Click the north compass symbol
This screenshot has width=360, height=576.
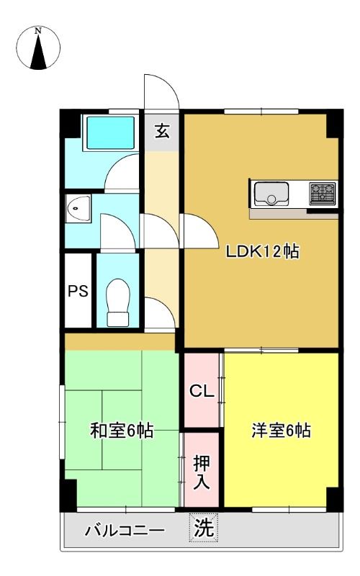[x=38, y=48]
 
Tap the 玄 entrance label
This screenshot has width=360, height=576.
[x=162, y=131]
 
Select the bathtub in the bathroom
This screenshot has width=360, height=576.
[x=111, y=132]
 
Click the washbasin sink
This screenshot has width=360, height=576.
[x=78, y=209]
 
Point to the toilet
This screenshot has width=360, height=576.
[x=118, y=302]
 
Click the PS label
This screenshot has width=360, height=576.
[x=78, y=292]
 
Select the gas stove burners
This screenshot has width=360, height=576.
[x=323, y=194]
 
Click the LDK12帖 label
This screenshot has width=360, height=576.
[x=262, y=251]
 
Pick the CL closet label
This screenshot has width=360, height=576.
[x=202, y=391]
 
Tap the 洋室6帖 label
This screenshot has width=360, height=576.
[x=281, y=430]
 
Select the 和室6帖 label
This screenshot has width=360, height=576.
[x=122, y=430]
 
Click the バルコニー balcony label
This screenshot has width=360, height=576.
[x=125, y=531]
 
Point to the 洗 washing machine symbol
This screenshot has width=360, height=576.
[x=204, y=528]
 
